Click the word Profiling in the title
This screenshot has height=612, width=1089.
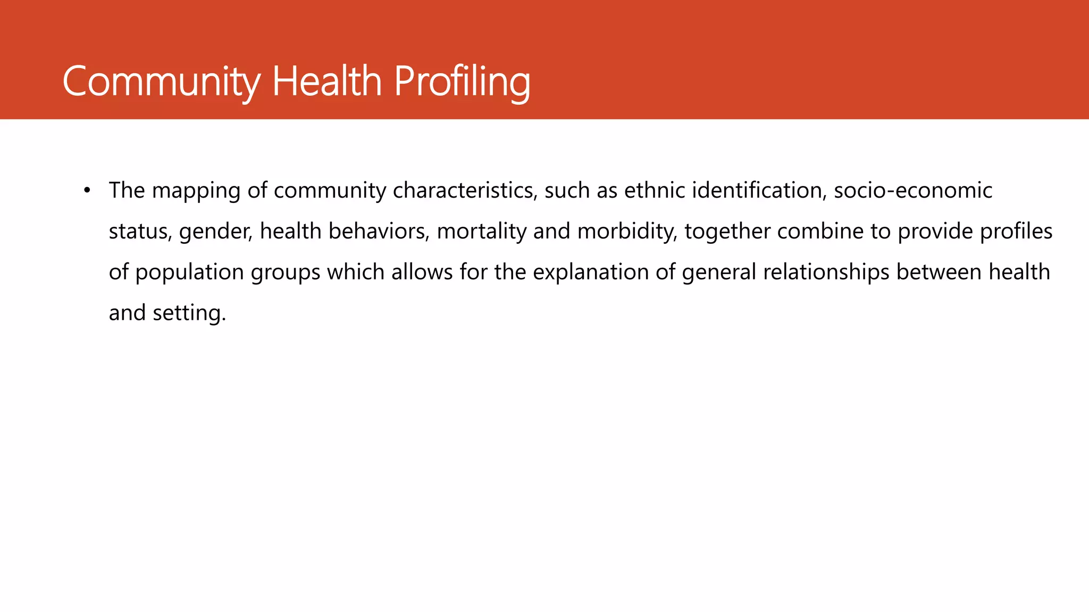[x=462, y=82]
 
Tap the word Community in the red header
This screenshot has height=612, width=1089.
[x=161, y=82]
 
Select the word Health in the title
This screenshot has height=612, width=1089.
[x=327, y=82]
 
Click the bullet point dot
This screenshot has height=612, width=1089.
[x=87, y=190]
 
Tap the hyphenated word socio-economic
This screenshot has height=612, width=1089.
[x=913, y=190]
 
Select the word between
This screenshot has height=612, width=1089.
[x=939, y=272]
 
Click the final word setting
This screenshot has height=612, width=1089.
[x=189, y=313]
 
